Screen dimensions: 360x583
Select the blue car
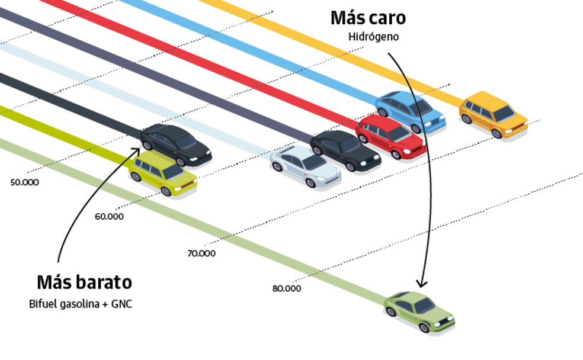click(410, 111)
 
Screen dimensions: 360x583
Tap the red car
click(390, 137)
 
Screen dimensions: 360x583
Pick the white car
click(306, 166)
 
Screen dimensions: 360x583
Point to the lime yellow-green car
click(162, 173)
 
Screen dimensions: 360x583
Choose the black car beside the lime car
click(176, 144)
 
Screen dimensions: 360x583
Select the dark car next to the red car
click(345, 151)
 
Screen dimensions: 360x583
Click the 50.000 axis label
click(24, 182)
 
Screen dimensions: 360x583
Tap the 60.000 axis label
click(109, 217)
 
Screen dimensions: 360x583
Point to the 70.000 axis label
click(201, 253)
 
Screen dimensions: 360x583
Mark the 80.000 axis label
click(287, 289)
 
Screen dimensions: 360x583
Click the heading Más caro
click(368, 18)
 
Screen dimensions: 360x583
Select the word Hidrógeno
click(374, 37)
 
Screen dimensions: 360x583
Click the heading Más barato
click(84, 282)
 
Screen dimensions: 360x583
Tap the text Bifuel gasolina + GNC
click(81, 304)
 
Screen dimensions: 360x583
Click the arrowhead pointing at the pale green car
click(421, 283)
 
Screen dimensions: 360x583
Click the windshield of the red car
click(400, 134)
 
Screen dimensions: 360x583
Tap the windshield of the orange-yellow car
click(504, 112)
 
